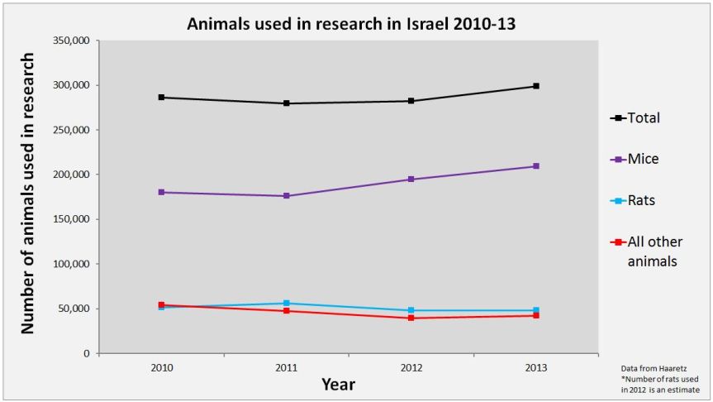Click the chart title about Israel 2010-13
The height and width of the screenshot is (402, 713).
351,23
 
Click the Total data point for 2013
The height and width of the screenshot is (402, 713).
536,86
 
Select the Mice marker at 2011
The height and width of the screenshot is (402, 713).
287,196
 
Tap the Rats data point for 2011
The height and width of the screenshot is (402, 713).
287,304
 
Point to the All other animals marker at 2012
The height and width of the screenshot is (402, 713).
411,318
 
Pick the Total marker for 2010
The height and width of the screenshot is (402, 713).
162,98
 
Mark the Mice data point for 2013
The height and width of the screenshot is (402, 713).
536,166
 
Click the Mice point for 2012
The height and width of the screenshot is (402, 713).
411,179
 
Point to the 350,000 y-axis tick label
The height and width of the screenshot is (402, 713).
69,41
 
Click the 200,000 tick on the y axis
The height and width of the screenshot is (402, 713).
69,175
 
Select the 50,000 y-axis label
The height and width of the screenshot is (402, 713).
72,309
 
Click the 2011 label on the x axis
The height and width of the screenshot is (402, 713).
287,366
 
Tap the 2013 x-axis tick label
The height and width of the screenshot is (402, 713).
536,366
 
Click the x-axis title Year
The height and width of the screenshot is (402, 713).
337,385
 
